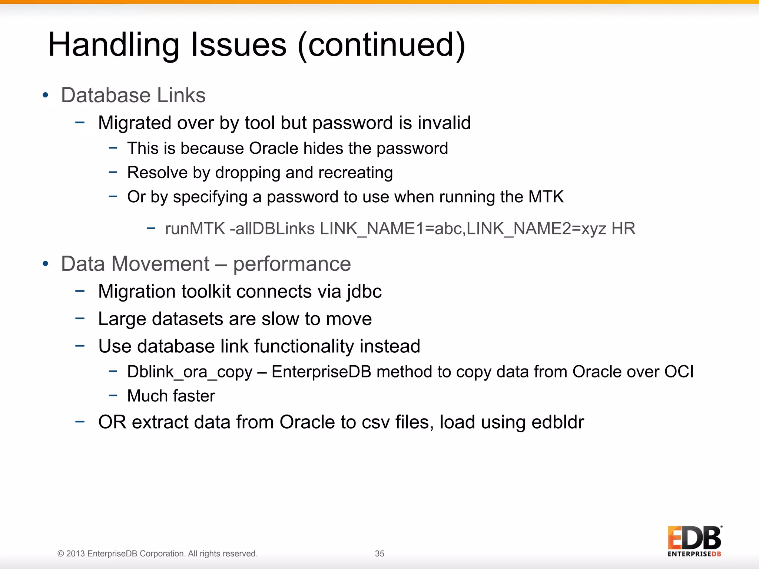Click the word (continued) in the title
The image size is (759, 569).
tap(381, 45)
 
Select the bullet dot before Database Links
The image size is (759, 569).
tap(46, 95)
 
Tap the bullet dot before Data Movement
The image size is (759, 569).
tap(46, 264)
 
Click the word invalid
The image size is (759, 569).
tap(444, 123)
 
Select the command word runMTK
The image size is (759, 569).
tap(195, 229)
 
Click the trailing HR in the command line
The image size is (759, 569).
tap(623, 229)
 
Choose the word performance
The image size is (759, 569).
tap(292, 264)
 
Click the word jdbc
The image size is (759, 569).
tap(364, 292)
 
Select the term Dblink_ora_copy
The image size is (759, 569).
tap(189, 372)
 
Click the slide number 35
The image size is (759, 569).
tap(379, 553)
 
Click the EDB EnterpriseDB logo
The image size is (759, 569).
tap(695, 541)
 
